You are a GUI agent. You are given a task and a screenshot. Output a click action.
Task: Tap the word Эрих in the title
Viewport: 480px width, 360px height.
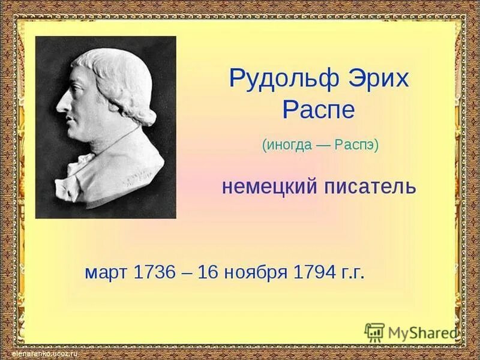pos(370,79)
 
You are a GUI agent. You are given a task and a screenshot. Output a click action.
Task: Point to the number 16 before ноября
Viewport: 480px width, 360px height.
pos(209,272)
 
